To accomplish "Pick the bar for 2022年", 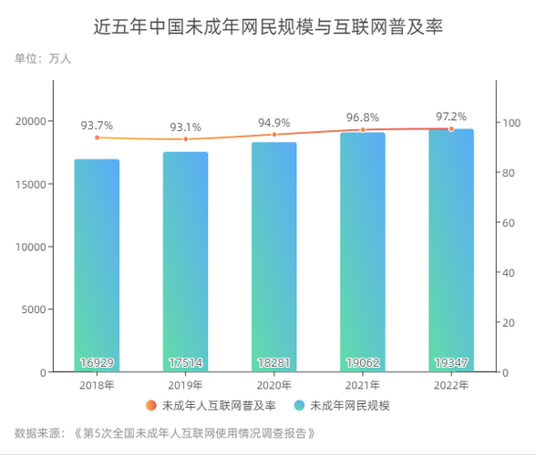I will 451,250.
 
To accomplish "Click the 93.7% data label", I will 97,126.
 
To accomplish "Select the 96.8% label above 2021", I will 363,118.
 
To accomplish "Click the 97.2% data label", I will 451,117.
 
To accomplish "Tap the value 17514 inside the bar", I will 185,363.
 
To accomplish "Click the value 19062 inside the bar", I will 363,363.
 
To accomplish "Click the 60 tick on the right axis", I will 511,223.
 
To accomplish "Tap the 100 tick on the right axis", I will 514,123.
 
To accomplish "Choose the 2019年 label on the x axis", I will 185,386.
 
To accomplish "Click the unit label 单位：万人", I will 43,58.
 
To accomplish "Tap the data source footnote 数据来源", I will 165,432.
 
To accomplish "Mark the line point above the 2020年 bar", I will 273,135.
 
